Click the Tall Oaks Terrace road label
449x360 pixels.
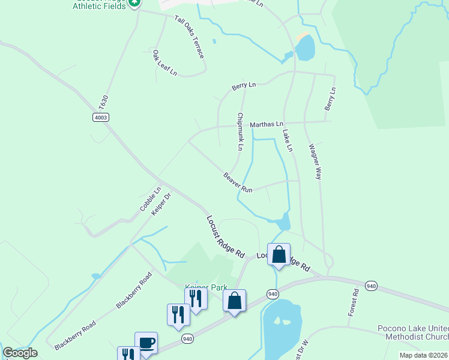coord(190,37)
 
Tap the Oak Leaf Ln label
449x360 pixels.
coord(164,63)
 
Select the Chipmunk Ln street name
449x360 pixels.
coord(240,131)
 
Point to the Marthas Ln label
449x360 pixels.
coord(267,124)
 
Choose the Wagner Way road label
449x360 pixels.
coord(315,162)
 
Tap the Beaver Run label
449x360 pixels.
coord(238,182)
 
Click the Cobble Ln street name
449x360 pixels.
coord(151,199)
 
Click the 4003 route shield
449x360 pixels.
coord(101,117)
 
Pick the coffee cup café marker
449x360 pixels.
coord(146,344)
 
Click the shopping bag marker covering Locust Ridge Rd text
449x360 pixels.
coord(279,255)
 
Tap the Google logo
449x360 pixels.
coord(20,353)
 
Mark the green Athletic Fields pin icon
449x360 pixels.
coord(134,2)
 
